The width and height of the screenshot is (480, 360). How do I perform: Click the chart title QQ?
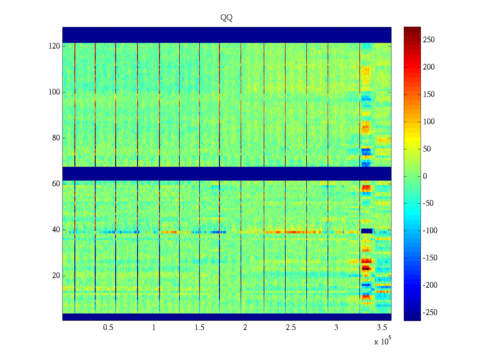pyautogui.click(x=226, y=18)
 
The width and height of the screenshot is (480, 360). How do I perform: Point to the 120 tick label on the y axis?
pyautogui.click(x=54, y=46)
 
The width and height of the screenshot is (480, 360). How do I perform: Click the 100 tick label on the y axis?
pyautogui.click(x=54, y=92)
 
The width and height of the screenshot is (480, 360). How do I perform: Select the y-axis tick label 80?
pyautogui.click(x=56, y=138)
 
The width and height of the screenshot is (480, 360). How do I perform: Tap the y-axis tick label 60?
pyautogui.click(x=56, y=184)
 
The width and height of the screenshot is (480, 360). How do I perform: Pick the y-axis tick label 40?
pyautogui.click(x=56, y=230)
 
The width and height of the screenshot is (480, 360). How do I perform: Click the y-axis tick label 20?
pyautogui.click(x=56, y=276)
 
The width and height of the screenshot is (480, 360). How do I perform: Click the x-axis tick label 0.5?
pyautogui.click(x=108, y=328)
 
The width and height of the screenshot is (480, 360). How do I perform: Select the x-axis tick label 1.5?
pyautogui.click(x=199, y=328)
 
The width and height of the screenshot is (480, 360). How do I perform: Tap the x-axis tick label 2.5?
pyautogui.click(x=291, y=328)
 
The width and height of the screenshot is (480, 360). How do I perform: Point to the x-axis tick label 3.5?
pyautogui.click(x=382, y=328)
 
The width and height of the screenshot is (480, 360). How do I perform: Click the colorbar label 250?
pyautogui.click(x=429, y=40)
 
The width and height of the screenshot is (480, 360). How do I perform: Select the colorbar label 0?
pyautogui.click(x=425, y=176)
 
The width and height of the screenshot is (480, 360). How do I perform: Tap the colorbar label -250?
pyautogui.click(x=430, y=313)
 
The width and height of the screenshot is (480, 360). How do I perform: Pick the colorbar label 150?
pyautogui.click(x=429, y=94)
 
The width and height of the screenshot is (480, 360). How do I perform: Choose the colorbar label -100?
pyautogui.click(x=430, y=231)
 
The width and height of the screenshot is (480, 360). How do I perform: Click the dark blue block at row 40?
pyautogui.click(x=367, y=231)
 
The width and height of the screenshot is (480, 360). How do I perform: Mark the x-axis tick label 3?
pyautogui.click(x=336, y=328)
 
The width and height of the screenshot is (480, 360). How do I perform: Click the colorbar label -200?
pyautogui.click(x=430, y=285)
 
